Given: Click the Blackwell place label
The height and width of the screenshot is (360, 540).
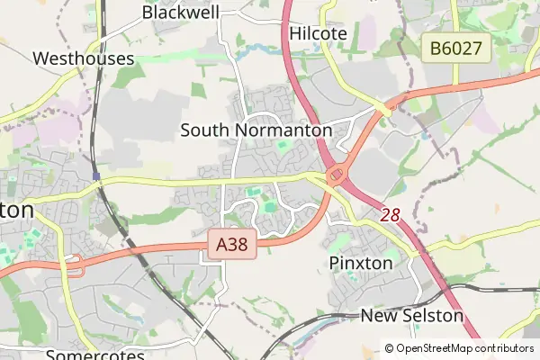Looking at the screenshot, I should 180,12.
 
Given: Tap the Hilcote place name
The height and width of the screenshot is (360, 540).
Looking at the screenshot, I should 319,32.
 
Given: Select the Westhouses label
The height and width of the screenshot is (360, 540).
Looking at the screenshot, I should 83,58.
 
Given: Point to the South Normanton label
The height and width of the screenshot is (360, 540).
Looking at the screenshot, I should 256,130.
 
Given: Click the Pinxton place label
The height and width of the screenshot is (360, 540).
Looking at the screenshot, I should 361,263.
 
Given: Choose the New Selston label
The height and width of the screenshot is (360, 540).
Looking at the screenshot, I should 411,316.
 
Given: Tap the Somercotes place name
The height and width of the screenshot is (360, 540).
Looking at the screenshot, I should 94,354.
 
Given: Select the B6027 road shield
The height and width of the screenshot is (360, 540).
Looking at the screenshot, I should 456,49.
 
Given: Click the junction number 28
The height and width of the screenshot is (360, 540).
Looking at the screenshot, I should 390,214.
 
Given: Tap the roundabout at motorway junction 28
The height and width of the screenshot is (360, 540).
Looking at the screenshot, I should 337,174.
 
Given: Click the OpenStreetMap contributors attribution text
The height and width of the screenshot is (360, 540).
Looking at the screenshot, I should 464,347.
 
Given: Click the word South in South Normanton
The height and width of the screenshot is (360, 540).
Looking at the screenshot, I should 204,130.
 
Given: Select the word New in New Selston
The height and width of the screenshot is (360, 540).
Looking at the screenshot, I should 378,316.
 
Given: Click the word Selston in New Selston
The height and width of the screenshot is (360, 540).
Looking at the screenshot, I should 431,316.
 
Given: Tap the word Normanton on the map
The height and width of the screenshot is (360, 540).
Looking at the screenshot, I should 283,130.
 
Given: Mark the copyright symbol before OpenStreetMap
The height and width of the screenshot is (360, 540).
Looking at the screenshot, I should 389,347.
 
